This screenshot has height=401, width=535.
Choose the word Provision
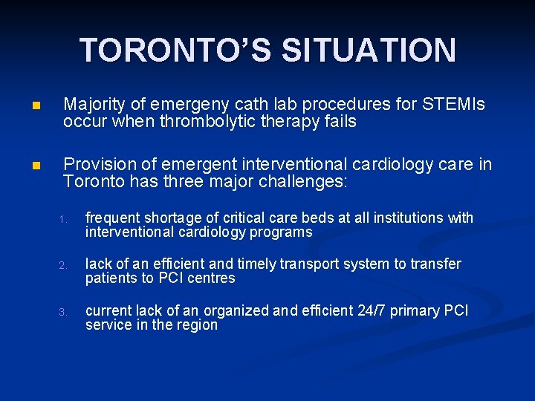99,163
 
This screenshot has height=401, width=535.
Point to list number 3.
64,312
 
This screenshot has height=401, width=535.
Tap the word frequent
112,218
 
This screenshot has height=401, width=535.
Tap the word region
197,325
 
